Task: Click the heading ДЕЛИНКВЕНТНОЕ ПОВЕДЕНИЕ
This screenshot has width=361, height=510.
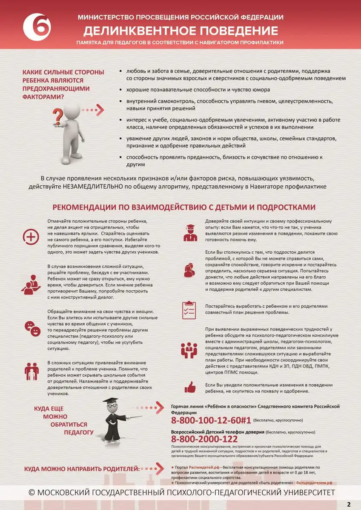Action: (180, 30)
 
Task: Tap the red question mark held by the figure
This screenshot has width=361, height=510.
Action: (59, 115)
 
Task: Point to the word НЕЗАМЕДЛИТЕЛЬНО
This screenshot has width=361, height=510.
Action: (91, 187)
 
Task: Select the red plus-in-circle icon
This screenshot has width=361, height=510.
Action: (31, 237)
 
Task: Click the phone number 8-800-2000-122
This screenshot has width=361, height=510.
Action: (204, 439)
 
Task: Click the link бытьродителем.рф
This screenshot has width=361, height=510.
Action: (314, 483)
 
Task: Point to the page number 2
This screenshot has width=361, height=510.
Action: (349, 504)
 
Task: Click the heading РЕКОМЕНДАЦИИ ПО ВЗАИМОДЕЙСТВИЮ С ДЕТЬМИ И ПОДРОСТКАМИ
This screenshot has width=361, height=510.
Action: (183, 207)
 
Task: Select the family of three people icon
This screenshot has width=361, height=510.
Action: (31, 371)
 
